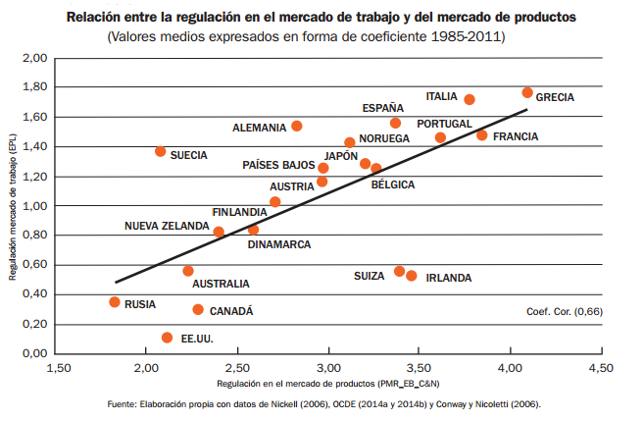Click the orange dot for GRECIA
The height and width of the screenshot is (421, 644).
click(x=527, y=92)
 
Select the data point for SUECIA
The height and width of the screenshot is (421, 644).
click(x=161, y=151)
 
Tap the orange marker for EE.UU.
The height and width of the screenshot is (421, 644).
click(x=167, y=338)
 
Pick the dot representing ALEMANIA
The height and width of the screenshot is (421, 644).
click(x=297, y=126)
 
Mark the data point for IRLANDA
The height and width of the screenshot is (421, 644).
click(x=412, y=276)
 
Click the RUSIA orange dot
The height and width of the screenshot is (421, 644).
click(x=115, y=302)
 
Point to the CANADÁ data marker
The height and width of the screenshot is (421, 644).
click(x=198, y=309)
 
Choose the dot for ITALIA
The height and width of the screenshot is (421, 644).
click(x=470, y=99)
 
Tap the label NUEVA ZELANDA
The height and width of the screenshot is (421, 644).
click(x=167, y=226)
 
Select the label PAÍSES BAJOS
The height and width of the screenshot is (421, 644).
click(x=278, y=165)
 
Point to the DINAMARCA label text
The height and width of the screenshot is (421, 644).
click(x=279, y=243)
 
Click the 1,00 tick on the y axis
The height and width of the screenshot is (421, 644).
click(x=35, y=206)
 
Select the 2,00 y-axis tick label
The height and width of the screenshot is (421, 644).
click(x=35, y=59)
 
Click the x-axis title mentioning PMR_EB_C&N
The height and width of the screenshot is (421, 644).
click(x=328, y=383)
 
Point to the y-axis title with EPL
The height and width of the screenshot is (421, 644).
click(x=13, y=205)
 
